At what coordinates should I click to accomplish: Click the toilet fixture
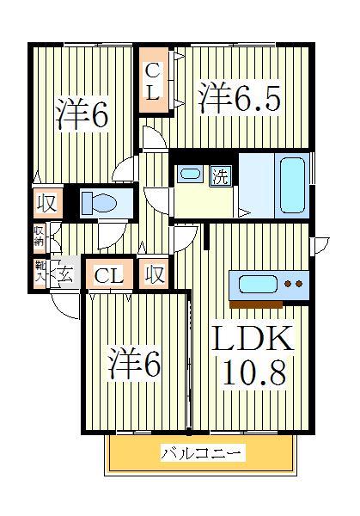tap(100, 204)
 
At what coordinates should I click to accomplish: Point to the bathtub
tap(293, 183)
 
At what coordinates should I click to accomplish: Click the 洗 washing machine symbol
tap(220, 176)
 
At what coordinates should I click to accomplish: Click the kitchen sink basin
tap(255, 283)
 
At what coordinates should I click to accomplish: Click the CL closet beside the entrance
tap(109, 275)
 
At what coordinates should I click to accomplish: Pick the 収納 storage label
tap(40, 236)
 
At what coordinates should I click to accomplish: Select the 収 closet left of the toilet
tap(46, 205)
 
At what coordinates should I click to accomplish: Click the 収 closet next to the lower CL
tap(155, 274)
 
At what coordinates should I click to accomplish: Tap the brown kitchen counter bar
tap(256, 304)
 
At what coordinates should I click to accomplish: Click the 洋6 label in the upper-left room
tap(83, 114)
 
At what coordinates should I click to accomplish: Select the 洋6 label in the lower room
tap(134, 365)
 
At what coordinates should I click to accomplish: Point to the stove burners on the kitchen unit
tap(294, 283)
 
